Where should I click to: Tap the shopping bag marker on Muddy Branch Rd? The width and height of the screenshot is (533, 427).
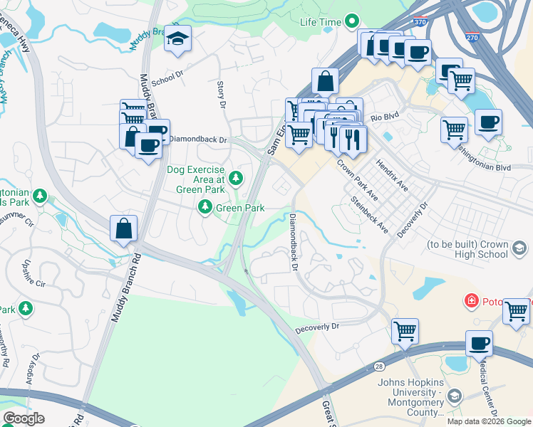pyautogui.click(x=123, y=229)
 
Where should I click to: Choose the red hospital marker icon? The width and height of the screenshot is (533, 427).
pyautogui.click(x=470, y=301)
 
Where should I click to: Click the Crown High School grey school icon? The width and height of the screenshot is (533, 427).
pyautogui.click(x=519, y=248)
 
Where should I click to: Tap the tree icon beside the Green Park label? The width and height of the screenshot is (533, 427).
pyautogui.click(x=205, y=207)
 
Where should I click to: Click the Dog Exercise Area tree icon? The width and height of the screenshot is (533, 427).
pyautogui.click(x=234, y=178)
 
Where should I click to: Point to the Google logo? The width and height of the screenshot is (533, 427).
pyautogui.click(x=24, y=418)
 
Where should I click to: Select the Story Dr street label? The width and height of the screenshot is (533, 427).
pyautogui.click(x=221, y=95)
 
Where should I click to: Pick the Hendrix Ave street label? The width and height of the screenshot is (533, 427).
pyautogui.click(x=393, y=175)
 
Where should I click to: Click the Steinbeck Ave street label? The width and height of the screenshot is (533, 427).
pyautogui.click(x=370, y=216)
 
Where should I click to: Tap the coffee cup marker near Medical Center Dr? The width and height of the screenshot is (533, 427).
pyautogui.click(x=479, y=343)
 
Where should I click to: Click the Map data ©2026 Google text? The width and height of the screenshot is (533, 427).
pyautogui.click(x=489, y=421)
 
